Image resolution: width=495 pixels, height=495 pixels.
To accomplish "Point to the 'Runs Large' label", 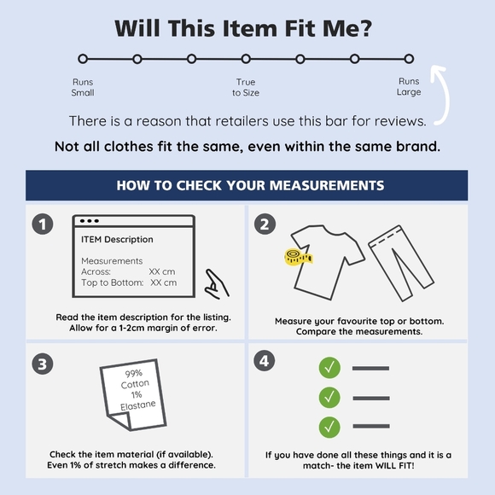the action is coord(409,86).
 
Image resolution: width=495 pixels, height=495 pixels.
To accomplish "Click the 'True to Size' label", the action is coord(246,87).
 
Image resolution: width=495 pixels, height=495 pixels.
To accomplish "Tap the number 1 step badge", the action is coord(43,224).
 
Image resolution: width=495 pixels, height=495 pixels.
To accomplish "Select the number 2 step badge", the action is coord(265,224).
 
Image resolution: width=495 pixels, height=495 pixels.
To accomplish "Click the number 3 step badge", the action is coord(43,364).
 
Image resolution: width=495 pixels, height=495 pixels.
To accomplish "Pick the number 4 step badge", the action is coord(265,360).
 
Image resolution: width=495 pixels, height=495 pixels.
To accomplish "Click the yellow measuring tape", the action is coord(299,257).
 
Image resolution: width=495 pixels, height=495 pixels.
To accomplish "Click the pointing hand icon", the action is coord(217,284).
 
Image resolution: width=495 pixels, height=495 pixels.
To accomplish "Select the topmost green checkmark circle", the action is coord(329,368).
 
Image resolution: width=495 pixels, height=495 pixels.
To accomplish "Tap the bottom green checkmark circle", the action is coord(329,427).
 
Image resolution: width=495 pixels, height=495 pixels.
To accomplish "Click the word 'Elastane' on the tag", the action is coord(138,405).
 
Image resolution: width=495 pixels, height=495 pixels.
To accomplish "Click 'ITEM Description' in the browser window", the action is coord(117,239).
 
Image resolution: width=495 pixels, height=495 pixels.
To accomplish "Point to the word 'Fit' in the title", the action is coord(300,28).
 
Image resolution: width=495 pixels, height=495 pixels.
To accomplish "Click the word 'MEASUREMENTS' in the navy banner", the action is coord(327,185).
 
